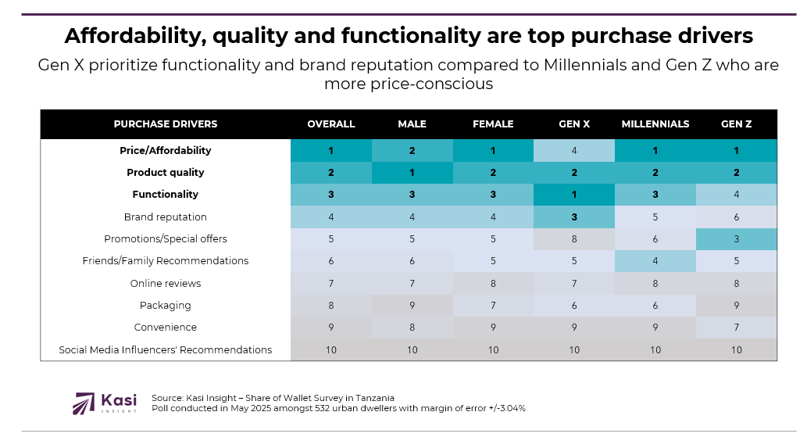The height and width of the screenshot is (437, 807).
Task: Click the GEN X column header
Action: pyautogui.click(x=574, y=124)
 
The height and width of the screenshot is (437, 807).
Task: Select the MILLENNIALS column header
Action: pyautogui.click(x=655, y=124)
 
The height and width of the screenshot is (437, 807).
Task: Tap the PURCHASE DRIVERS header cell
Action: pyautogui.click(x=166, y=124)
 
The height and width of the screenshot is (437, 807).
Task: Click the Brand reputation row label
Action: pyautogui.click(x=166, y=217)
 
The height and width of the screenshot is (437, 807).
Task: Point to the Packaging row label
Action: pyautogui.click(x=166, y=306)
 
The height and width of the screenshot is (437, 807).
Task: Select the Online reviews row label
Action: pyautogui.click(x=166, y=284)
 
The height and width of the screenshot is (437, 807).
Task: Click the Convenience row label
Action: pyautogui.click(x=166, y=328)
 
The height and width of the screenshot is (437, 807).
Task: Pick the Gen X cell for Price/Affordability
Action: pyautogui.click(x=574, y=151)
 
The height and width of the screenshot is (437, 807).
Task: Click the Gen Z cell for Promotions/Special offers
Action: pyautogui.click(x=736, y=239)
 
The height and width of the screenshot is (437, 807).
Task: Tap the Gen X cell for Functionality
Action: pyautogui.click(x=574, y=195)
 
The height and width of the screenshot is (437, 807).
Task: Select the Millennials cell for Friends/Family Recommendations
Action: pyautogui.click(x=655, y=261)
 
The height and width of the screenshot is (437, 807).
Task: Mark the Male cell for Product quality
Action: pyautogui.click(x=412, y=173)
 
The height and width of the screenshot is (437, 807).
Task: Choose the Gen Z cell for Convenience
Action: pyautogui.click(x=736, y=328)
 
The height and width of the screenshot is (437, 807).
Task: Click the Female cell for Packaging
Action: pyautogui.click(x=493, y=306)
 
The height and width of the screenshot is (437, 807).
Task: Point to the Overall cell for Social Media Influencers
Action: pyautogui.click(x=330, y=350)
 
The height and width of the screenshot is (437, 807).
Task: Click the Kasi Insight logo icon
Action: pyautogui.click(x=83, y=403)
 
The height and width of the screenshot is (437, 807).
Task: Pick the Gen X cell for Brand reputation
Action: pyautogui.click(x=574, y=217)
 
